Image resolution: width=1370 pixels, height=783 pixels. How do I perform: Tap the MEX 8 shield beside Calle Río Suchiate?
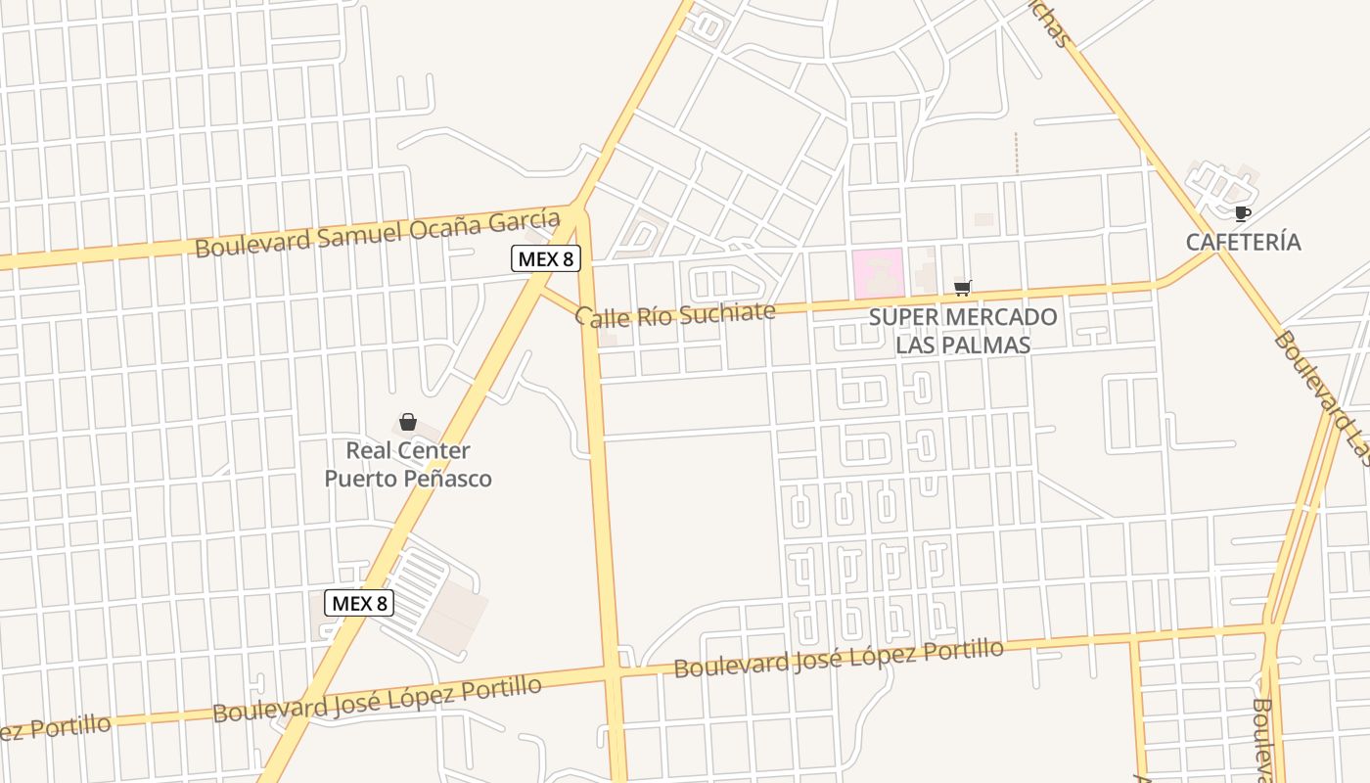546,259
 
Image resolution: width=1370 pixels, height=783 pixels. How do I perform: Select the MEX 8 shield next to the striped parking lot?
359,603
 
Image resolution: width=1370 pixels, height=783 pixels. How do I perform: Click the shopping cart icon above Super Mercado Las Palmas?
963,288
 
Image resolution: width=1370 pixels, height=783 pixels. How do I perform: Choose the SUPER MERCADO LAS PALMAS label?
963,331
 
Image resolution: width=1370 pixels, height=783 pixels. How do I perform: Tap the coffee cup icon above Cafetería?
1242,213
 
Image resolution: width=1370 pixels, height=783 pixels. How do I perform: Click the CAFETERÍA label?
1244,242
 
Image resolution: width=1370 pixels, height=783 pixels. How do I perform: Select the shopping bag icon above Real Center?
408,422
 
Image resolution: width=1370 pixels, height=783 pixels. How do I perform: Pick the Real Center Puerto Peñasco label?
408,465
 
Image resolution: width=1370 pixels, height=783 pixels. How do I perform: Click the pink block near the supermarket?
877,273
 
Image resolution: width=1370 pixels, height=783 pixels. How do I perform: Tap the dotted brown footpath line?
1016,153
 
